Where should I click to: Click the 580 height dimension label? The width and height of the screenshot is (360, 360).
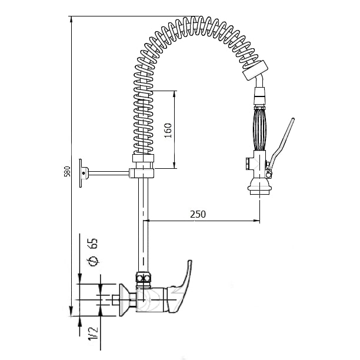(67, 171)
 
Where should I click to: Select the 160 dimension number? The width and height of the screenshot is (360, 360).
(168, 131)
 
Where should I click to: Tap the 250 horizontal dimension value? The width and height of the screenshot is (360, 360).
(198, 214)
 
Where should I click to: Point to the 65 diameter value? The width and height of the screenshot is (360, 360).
(92, 244)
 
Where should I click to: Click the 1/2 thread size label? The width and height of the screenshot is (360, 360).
(93, 334)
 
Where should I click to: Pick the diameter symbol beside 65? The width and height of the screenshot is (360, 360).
(92, 261)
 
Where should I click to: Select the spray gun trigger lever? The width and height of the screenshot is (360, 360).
(281, 145)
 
